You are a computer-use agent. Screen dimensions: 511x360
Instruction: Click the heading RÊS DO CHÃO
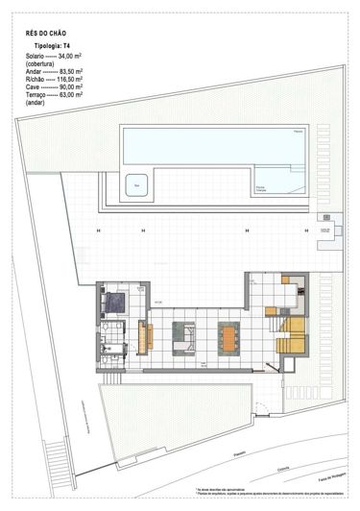coord(46,34)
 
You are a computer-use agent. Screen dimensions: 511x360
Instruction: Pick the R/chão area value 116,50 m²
coord(69,80)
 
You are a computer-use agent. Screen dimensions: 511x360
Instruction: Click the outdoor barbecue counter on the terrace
coord(328,228)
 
